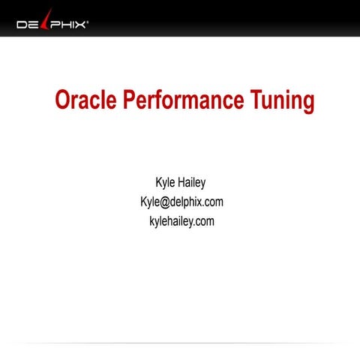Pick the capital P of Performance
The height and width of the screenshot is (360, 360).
tap(130, 100)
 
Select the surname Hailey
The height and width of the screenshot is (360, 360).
tap(194, 182)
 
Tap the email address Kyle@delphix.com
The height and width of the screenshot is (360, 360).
tap(181, 202)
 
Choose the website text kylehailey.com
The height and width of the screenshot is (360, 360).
tap(181, 220)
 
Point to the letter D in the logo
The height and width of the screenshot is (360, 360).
tap(22, 25)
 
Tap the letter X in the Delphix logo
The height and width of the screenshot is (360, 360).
tap(80, 25)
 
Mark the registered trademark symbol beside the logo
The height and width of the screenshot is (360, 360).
tap(88, 22)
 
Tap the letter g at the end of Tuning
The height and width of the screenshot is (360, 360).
tap(307, 103)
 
